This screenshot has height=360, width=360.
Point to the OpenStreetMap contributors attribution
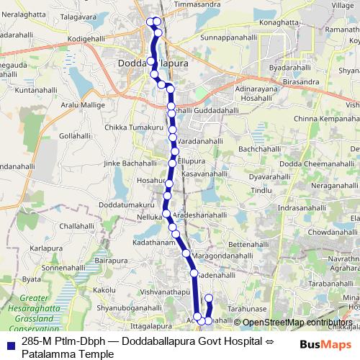pos(297,323)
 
